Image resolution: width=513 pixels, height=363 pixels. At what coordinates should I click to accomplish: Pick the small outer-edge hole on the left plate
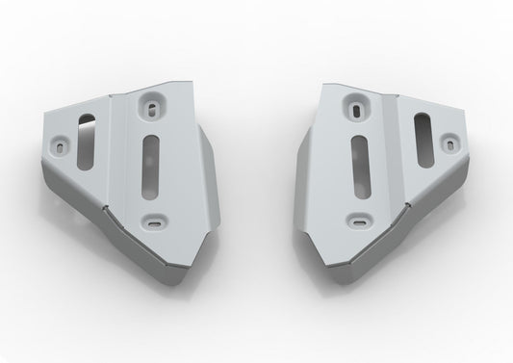click(64, 146)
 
